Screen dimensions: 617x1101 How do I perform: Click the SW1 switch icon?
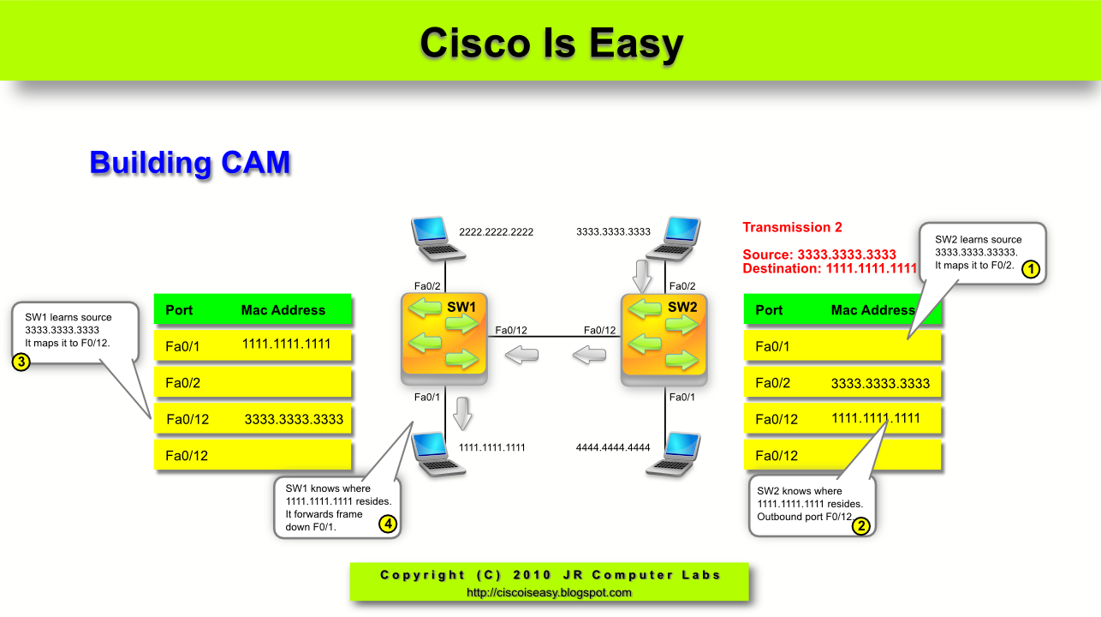pyautogui.click(x=444, y=338)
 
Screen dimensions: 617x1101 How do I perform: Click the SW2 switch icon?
pyautogui.click(x=664, y=338)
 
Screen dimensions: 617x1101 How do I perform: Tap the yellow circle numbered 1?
pyautogui.click(x=1031, y=269)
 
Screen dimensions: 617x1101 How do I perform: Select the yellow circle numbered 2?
pyautogui.click(x=860, y=526)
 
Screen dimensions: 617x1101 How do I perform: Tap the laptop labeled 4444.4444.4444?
pyautogui.click(x=672, y=453)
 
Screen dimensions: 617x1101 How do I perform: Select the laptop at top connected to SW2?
pyautogui.click(x=672, y=238)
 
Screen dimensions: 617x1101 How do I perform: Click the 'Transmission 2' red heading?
pyautogui.click(x=792, y=227)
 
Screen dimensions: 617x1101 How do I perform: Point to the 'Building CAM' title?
pyautogui.click(x=190, y=163)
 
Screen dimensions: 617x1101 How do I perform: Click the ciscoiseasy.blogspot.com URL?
pyautogui.click(x=549, y=592)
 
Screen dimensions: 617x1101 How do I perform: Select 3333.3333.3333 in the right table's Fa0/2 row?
pyautogui.click(x=880, y=383)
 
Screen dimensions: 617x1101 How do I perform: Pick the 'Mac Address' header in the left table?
pyautogui.click(x=283, y=310)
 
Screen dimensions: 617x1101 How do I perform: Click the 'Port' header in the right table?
pyautogui.click(x=769, y=310)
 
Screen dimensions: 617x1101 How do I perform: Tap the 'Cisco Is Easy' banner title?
pyautogui.click(x=550, y=43)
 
